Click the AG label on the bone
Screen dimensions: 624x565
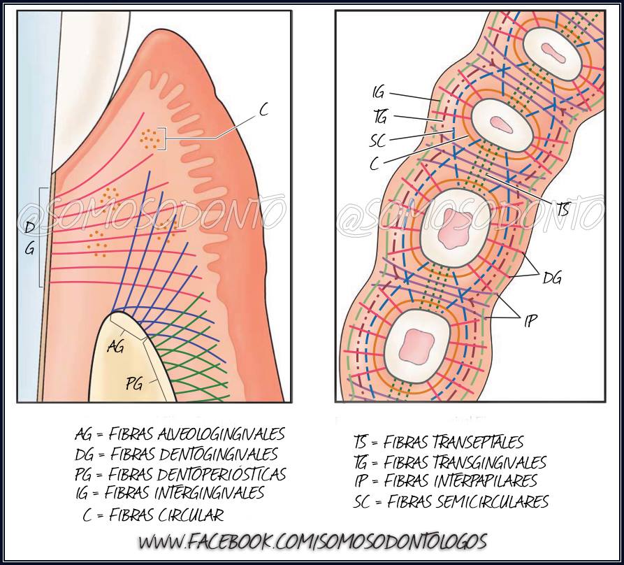(116, 346)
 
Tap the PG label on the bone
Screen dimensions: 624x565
(134, 384)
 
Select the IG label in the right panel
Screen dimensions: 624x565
(379, 93)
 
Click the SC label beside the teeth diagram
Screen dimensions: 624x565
(377, 141)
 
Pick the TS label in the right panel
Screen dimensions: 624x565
(563, 209)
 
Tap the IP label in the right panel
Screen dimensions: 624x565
(530, 320)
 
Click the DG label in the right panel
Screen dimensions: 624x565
(552, 278)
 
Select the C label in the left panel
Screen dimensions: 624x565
(263, 110)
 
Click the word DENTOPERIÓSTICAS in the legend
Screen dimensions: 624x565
(222, 474)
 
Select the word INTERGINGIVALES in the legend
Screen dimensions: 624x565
(209, 493)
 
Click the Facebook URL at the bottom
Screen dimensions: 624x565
(312, 542)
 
